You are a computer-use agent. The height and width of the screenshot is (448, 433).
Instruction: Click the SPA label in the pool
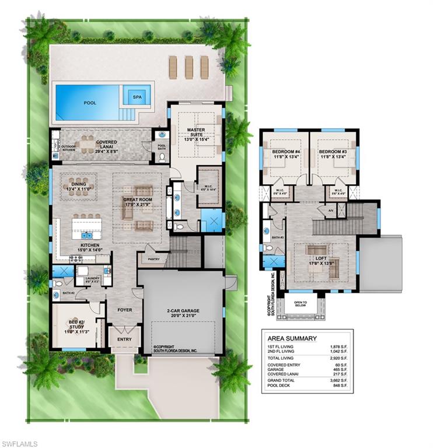(137, 97)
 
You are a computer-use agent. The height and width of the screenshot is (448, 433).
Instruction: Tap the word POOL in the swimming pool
(90, 103)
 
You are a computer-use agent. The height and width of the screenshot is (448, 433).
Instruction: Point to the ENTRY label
(124, 339)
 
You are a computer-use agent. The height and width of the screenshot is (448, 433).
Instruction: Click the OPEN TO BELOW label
(300, 304)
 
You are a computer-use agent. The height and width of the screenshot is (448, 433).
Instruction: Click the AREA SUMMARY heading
(292, 338)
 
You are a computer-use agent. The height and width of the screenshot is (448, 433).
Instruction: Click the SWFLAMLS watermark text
(20, 444)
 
